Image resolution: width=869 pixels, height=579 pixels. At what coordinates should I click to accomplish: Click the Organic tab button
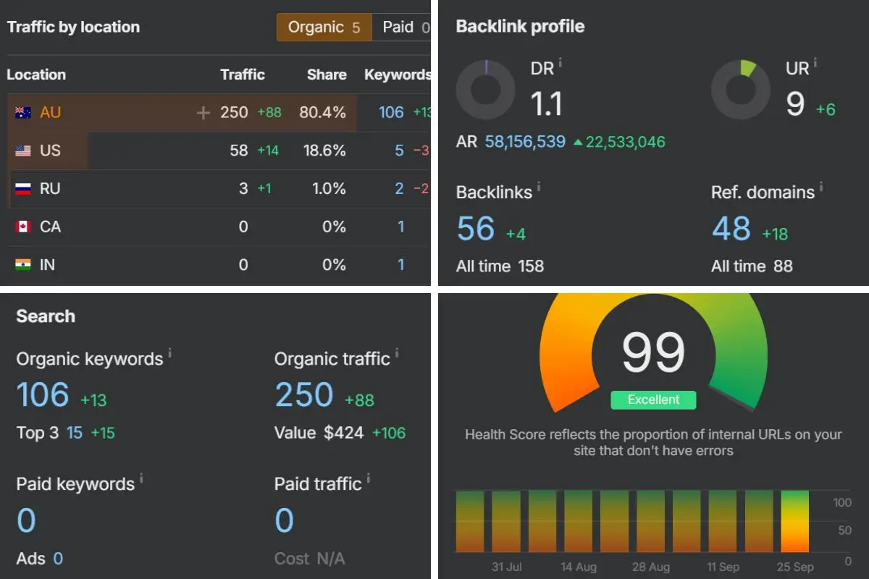point(324,28)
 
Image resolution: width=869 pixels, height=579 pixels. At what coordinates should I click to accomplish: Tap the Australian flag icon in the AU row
point(23,113)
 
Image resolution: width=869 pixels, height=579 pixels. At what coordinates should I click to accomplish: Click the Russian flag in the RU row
point(23,189)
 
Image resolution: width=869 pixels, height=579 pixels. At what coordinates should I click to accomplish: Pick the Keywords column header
point(397,75)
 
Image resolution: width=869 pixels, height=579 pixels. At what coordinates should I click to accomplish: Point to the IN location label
point(47,265)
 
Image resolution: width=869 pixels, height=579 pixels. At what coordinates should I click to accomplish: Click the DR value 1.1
point(547,104)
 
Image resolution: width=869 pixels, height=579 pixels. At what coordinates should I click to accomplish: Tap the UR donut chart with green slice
point(740,89)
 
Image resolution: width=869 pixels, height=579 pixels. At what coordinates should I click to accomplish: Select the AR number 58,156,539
point(525,142)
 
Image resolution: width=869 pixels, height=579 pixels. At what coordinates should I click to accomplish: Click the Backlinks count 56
point(476,229)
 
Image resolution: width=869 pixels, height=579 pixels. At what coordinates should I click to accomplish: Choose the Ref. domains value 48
point(731,229)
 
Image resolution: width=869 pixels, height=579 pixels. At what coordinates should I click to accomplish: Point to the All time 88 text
point(752,266)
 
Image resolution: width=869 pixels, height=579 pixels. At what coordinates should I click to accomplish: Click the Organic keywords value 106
point(43,395)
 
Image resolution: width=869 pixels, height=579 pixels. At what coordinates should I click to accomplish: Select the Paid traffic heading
point(318,483)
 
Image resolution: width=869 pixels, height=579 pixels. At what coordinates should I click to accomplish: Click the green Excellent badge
point(653,400)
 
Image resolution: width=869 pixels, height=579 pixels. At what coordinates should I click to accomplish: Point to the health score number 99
point(653,352)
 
